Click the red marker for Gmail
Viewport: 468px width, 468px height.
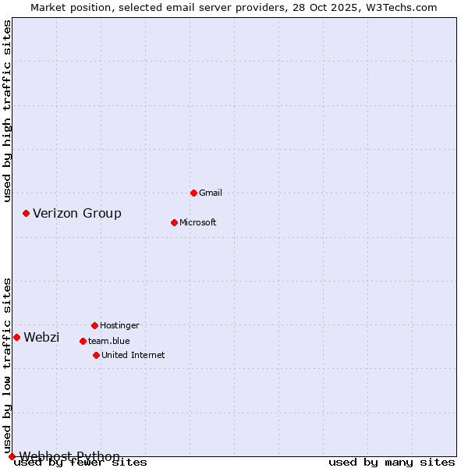coord(193,193)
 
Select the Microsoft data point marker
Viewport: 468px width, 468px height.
coord(174,222)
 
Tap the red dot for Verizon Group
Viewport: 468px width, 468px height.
coord(26,213)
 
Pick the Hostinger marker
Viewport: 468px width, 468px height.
coord(94,325)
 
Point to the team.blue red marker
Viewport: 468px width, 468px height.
coord(83,341)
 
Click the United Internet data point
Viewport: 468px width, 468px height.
coord(96,355)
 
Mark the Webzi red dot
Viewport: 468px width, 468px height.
coord(16,337)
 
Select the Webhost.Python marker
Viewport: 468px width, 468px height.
coord(12,456)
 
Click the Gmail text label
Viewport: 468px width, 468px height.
coord(211,193)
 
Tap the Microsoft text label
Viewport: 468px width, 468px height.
coord(198,222)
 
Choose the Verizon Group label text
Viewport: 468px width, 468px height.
coord(77,213)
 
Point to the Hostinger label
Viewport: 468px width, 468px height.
coord(119,325)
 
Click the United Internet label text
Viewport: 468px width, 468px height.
coord(133,355)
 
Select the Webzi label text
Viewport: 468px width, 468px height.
coord(41,337)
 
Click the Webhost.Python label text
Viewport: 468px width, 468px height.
coord(69,456)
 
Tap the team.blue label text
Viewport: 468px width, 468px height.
coord(109,341)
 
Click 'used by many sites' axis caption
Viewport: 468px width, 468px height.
coord(392,463)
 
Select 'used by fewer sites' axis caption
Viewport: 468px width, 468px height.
coord(81,463)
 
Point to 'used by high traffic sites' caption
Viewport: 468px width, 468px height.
coord(8,111)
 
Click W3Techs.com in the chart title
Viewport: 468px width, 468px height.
coord(399,7)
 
